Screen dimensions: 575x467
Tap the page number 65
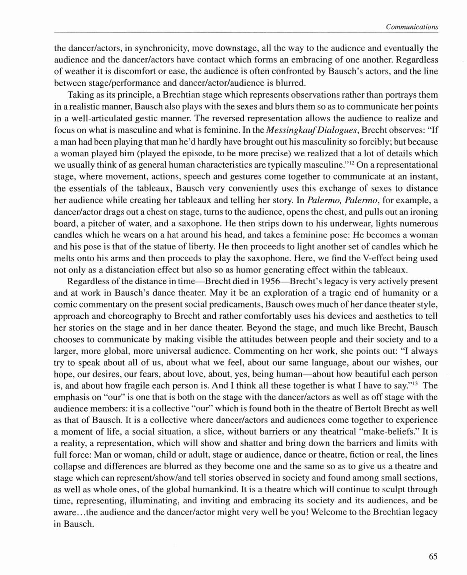(x=433, y=556)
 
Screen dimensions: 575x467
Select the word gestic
(x=151, y=118)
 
